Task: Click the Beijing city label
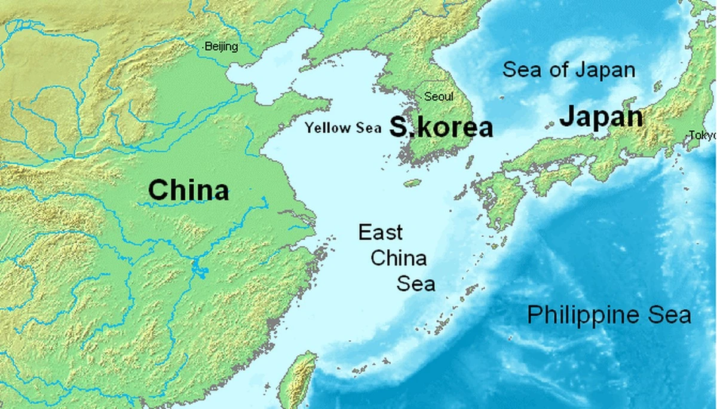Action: coord(221,47)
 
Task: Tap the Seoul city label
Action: coord(439,97)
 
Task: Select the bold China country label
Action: coord(188,191)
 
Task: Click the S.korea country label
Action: coord(442,127)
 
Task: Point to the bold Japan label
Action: coord(601,117)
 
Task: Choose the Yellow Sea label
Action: coord(342,128)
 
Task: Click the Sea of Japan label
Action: coord(569,70)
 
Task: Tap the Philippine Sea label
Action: coord(609,315)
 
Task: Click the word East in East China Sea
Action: coord(381,233)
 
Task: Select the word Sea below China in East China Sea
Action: coord(416,283)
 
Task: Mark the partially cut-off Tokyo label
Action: coord(702,136)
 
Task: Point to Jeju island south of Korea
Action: coord(412,183)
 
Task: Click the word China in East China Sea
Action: coord(399,258)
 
